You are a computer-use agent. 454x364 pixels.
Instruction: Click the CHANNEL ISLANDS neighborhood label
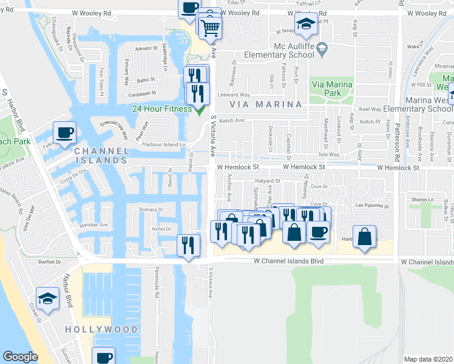(101, 156)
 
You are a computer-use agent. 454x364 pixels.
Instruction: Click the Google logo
(20, 357)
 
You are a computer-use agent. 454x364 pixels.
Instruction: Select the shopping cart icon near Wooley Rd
(210, 27)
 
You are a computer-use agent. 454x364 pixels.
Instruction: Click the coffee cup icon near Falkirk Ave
(64, 132)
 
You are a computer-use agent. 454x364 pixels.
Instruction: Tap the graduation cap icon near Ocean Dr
(47, 298)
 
